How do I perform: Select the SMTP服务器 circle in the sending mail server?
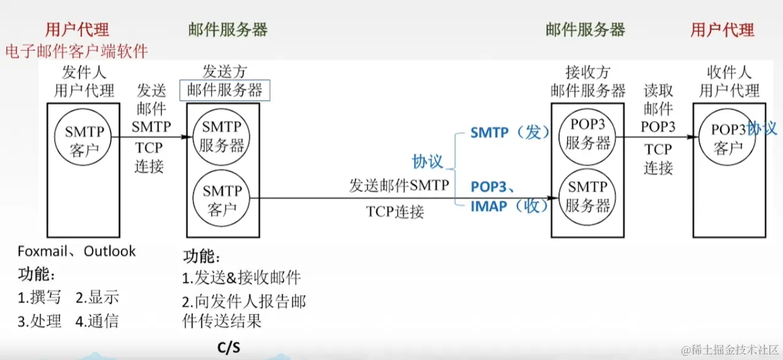tap(222, 137)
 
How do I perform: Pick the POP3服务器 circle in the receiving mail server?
tap(588, 133)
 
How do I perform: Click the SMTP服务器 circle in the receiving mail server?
tap(588, 196)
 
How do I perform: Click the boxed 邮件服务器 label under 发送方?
tap(225, 91)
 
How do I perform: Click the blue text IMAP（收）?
tap(509, 206)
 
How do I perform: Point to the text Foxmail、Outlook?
tap(77, 251)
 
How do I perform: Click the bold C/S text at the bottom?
tap(229, 348)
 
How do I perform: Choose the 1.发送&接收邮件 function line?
tap(242, 278)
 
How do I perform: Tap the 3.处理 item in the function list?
tap(39, 321)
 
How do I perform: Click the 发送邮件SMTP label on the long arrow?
tap(399, 185)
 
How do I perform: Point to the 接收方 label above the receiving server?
tap(588, 73)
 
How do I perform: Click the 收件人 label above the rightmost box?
tap(729, 73)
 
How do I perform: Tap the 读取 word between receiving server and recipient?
tap(658, 91)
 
